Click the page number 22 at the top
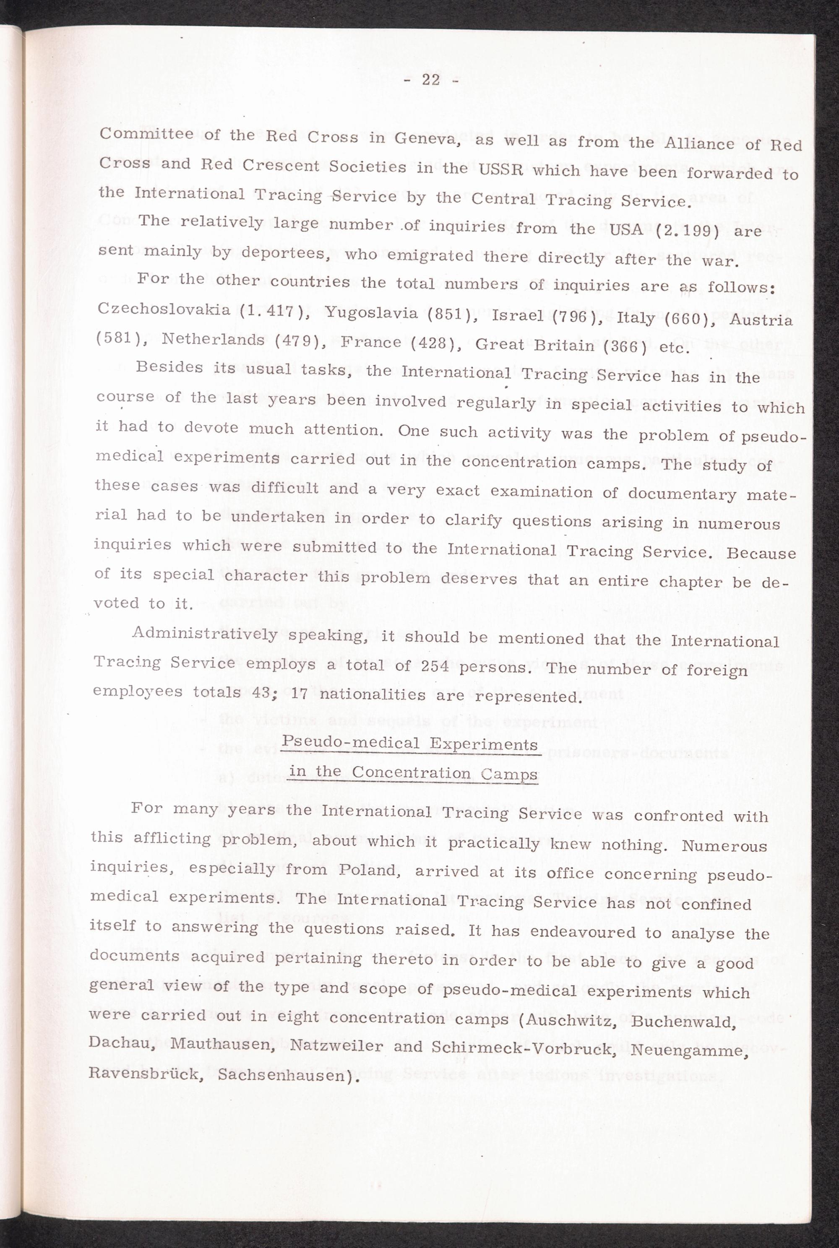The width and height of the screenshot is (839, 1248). (430, 80)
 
